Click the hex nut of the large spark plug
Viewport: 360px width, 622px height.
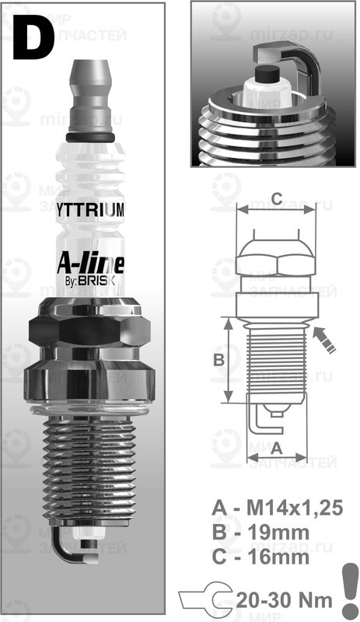point(86,327)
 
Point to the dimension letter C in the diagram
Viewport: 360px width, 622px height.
point(276,198)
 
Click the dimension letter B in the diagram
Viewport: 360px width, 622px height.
point(218,360)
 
